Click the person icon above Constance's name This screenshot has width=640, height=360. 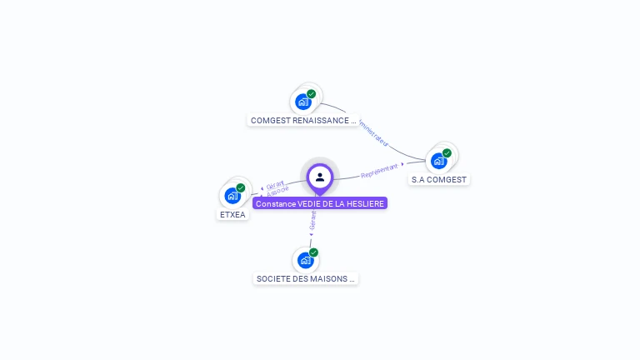coord(320,177)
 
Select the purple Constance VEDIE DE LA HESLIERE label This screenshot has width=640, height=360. coord(320,203)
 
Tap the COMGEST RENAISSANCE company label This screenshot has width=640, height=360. coord(303,120)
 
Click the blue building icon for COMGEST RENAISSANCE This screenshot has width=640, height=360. coord(303,102)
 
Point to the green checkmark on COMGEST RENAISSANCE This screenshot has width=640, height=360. coord(312,94)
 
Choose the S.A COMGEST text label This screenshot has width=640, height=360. coord(439,179)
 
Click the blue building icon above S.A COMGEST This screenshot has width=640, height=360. coord(439,161)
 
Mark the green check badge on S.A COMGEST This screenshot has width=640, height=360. coord(447,153)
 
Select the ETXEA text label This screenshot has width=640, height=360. coord(232,214)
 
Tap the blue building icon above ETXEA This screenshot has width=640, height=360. coord(232,196)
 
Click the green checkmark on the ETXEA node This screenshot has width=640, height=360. coord(241,187)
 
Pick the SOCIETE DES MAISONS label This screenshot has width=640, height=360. coord(306,278)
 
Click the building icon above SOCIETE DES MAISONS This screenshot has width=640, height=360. coord(305,261)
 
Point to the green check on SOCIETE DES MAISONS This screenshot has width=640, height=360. coord(313,252)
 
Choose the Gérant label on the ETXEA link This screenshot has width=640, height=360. coord(276,183)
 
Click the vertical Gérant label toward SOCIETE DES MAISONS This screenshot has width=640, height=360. coord(312,219)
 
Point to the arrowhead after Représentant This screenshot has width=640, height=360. coord(402,164)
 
